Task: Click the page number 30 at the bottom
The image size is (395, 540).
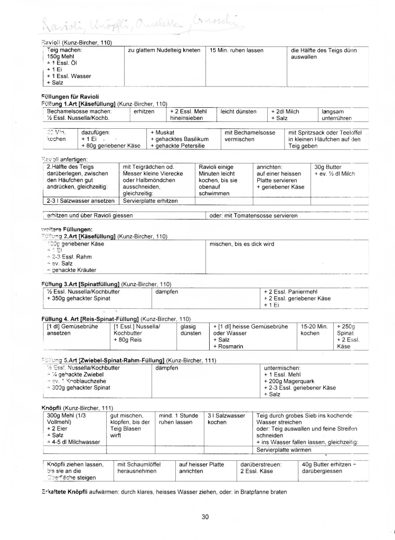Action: pos(205,516)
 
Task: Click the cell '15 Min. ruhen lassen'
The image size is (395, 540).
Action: pos(233,51)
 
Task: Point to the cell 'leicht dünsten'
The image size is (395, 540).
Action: pos(239,111)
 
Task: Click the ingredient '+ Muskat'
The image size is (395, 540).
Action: pos(163,132)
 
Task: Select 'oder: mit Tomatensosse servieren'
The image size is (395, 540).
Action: pos(253,215)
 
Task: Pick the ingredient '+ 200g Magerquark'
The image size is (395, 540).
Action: pos(293,381)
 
